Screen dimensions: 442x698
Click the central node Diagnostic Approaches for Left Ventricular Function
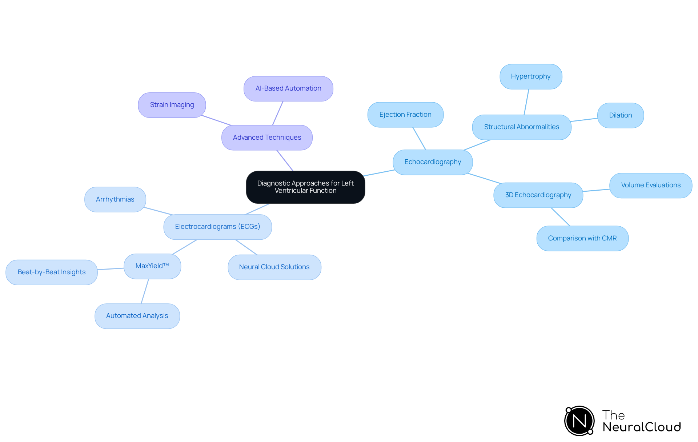point(305,187)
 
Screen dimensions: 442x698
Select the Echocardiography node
point(433,162)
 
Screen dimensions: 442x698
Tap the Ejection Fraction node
point(405,115)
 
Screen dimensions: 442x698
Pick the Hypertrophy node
point(531,77)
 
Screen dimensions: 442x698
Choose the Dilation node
point(621,115)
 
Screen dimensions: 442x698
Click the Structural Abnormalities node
point(522,127)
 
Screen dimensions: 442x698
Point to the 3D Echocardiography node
point(538,195)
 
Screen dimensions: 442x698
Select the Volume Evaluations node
point(651,185)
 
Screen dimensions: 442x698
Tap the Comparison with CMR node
point(582,238)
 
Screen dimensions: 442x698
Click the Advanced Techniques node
point(267,138)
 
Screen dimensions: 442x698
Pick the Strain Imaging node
point(172,105)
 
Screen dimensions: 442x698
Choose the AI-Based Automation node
point(288,89)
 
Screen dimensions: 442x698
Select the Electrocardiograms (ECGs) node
point(217,227)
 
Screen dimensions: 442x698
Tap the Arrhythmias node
point(115,199)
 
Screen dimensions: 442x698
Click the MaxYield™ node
point(152,266)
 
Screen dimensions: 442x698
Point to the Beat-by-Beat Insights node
point(52,272)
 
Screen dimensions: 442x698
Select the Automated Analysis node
point(137,316)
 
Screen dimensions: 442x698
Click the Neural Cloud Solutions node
point(274,267)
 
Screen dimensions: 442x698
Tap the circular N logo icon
point(579,421)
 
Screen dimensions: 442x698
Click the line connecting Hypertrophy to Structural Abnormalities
point(526,102)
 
